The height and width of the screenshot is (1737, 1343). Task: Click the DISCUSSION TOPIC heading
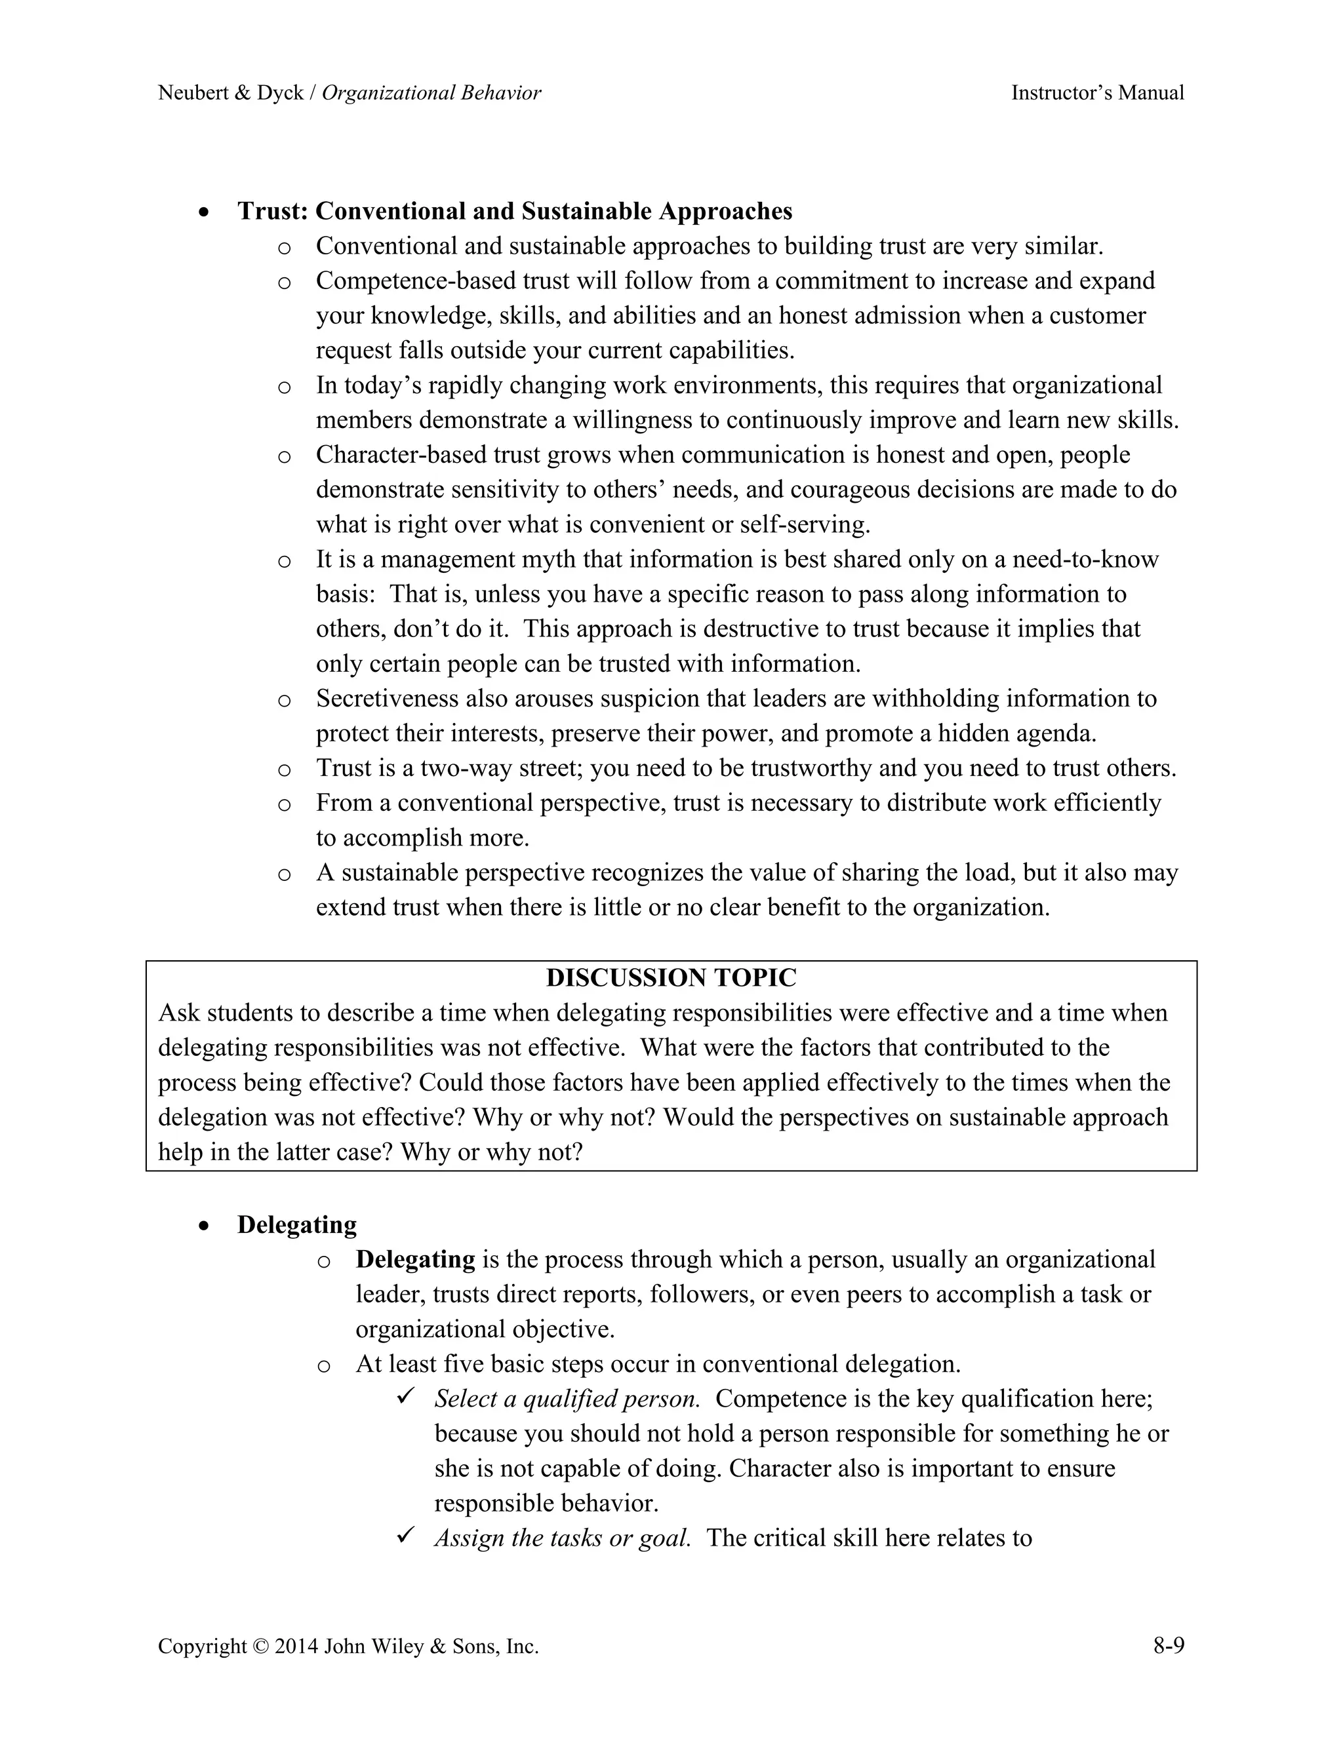pos(671,977)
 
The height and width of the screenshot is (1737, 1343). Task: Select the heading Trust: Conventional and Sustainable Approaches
pos(515,212)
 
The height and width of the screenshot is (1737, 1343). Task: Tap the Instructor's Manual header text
pos(1097,93)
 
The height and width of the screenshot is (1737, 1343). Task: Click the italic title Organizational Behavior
pos(431,93)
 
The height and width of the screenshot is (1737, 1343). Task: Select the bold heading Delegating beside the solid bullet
pos(297,1225)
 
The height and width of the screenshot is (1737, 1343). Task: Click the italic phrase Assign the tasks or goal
pos(562,1538)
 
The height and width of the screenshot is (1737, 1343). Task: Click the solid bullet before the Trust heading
pos(205,213)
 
